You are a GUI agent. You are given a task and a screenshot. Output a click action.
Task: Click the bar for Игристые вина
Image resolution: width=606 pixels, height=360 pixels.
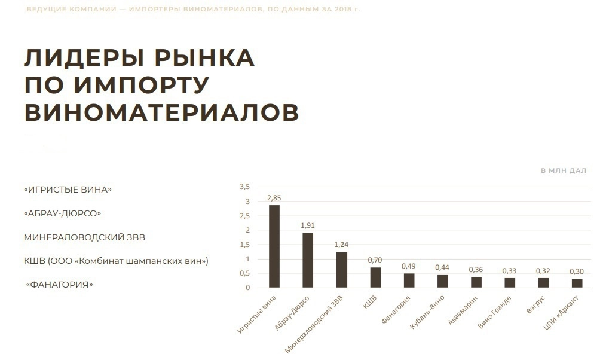point(274,246)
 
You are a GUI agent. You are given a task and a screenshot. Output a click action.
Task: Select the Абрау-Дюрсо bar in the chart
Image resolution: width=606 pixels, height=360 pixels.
point(308,260)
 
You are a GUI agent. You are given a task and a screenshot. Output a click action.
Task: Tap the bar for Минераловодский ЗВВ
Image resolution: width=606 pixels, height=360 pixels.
point(342,270)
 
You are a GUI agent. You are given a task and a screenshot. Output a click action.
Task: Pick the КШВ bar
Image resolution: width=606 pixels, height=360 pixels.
point(375,277)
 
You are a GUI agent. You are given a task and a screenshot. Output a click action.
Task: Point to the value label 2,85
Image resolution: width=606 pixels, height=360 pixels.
point(274,197)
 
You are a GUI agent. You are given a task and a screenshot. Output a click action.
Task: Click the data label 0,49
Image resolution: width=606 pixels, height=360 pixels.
point(409,266)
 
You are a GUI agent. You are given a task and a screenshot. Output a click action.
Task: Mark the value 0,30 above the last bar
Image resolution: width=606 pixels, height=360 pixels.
point(577,271)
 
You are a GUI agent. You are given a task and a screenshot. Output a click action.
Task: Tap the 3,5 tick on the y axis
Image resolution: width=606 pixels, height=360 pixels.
point(244,187)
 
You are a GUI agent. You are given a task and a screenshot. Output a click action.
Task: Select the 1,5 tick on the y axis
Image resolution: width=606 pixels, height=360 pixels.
point(244,245)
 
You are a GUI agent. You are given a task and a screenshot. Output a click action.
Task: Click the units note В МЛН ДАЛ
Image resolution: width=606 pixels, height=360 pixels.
point(564,170)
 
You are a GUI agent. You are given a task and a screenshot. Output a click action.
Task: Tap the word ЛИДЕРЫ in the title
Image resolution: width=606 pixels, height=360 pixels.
point(85,58)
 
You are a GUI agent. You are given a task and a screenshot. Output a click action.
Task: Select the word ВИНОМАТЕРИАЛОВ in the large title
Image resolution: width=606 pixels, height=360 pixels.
point(161,112)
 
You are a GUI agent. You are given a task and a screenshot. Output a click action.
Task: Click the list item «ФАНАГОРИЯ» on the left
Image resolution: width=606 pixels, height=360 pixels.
point(60,285)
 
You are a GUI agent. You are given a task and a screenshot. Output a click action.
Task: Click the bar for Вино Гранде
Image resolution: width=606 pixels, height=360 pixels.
point(510,283)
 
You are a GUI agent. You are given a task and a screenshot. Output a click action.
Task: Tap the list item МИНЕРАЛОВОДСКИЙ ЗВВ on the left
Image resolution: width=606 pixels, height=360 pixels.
point(84,237)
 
